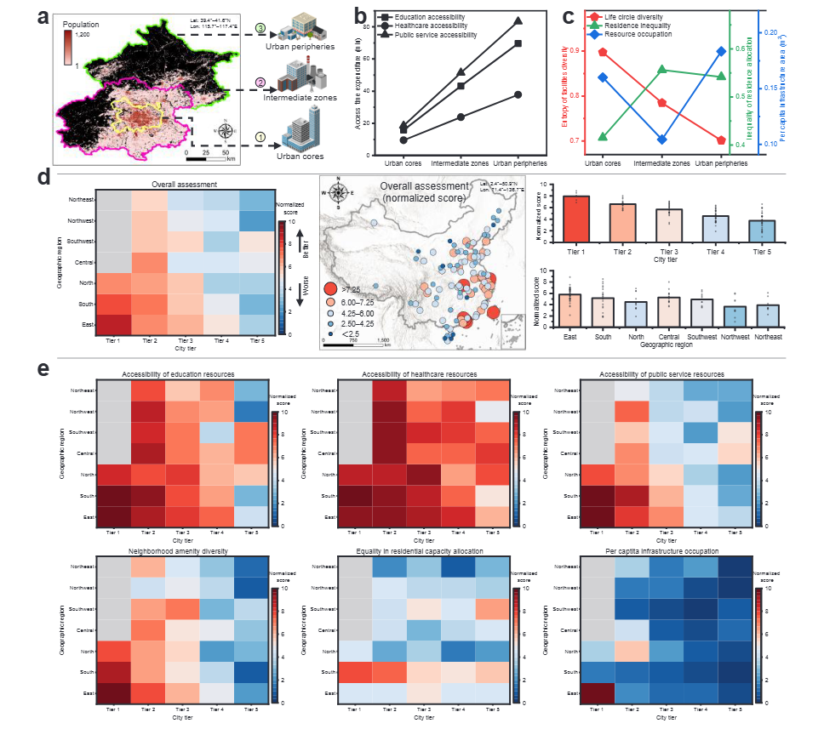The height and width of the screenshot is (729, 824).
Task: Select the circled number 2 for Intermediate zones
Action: [x=262, y=82]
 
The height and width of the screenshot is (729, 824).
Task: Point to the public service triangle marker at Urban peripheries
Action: [x=518, y=20]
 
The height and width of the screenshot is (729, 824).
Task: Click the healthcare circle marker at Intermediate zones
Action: [x=461, y=117]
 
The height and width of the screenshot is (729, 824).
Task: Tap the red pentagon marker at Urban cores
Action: [x=603, y=52]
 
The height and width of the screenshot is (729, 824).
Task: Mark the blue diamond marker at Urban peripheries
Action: [x=721, y=51]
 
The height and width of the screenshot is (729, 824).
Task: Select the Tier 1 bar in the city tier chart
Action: [x=576, y=220]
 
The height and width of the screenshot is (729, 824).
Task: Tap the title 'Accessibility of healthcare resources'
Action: [x=421, y=374]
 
